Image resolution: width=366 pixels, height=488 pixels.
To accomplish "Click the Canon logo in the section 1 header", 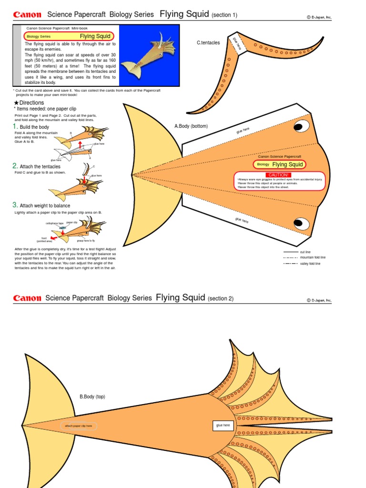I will coord(27,15).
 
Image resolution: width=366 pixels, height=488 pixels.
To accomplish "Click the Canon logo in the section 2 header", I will coord(27,298).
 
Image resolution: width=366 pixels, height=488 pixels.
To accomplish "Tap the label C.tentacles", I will coord(208,43).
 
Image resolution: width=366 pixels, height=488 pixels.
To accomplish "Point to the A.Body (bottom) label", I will coord(191,126).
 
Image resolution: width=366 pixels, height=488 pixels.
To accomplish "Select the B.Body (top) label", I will coord(92,396).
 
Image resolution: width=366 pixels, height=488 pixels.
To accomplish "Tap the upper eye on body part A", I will coord(301,125).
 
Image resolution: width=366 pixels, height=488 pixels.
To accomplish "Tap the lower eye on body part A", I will coord(300,223).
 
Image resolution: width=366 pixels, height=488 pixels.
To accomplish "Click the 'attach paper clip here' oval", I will coord(79,426).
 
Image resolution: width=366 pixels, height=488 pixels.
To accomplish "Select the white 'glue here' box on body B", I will coord(223,425).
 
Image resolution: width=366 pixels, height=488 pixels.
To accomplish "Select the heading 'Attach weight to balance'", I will coord(44,205).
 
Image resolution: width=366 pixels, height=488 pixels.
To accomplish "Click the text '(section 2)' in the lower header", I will coord(221,299).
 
